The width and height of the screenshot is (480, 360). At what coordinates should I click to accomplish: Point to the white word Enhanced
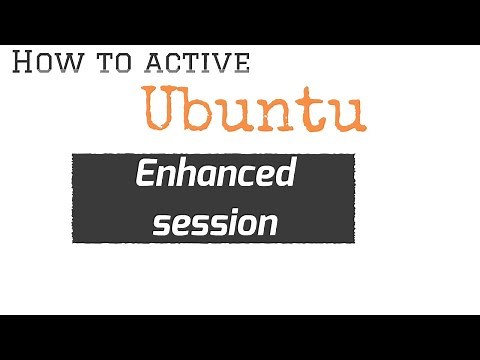coord(215,176)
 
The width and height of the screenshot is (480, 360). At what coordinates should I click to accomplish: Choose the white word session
coord(214,221)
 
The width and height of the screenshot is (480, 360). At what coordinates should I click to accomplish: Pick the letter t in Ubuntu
coord(314,109)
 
